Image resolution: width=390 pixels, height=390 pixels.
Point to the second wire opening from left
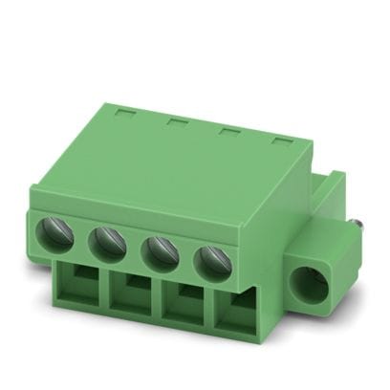(129, 299)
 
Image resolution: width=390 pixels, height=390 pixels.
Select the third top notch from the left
(230, 132)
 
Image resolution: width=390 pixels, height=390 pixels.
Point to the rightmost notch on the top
(283, 142)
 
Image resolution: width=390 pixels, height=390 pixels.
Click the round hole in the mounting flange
(309, 284)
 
